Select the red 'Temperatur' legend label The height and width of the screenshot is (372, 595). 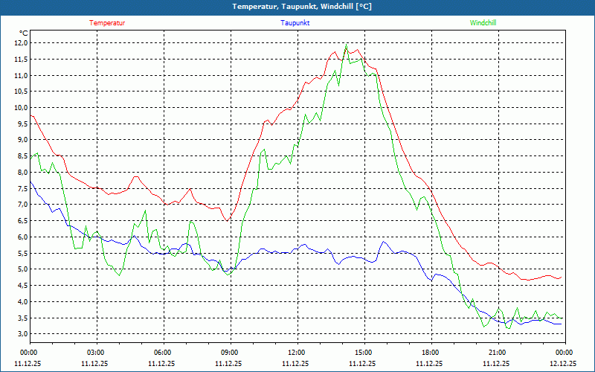pos(107,23)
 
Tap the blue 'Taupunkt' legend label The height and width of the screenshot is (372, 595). pos(295,23)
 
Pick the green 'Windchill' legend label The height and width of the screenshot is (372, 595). pos(483,23)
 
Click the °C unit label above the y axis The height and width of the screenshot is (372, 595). pos(24,33)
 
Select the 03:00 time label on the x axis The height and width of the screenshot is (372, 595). pos(95,353)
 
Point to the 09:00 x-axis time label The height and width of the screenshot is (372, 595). pos(229,353)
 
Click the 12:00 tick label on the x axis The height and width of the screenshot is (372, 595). pos(296,353)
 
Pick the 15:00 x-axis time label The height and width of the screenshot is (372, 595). pos(363,353)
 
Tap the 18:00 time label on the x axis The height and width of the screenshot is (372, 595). pos(430,353)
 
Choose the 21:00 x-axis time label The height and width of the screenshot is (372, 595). pos(497,353)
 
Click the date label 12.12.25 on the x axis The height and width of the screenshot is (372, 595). pos(563,364)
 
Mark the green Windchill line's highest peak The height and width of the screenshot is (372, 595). pos(346,45)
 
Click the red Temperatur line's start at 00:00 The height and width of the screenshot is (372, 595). pos(30,115)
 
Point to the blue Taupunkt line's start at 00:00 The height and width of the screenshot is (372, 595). pos(30,182)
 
